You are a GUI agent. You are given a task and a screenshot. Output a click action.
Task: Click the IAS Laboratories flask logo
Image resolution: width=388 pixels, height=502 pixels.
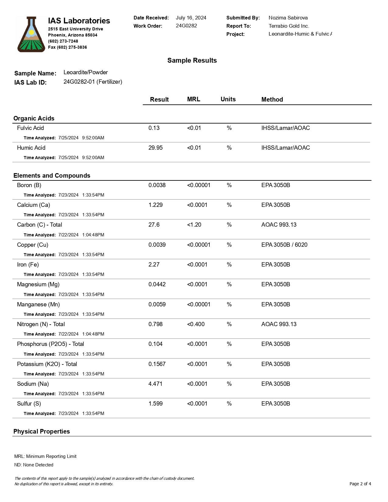pyautogui.click(x=31, y=34)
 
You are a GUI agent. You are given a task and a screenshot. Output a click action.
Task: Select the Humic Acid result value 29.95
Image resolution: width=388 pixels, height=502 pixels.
pyautogui.click(x=156, y=148)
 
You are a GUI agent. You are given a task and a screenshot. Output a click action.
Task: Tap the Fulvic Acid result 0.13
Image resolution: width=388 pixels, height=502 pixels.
pyautogui.click(x=154, y=128)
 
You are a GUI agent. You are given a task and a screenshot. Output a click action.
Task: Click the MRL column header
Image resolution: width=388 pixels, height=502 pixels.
pyautogui.click(x=194, y=99)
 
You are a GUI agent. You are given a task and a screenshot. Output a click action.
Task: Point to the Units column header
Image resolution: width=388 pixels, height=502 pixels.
pyautogui.click(x=228, y=99)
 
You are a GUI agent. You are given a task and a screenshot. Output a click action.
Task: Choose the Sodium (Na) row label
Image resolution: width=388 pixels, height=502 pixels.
pyautogui.click(x=33, y=384)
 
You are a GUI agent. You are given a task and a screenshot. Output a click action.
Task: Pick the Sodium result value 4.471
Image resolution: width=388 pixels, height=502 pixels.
pyautogui.click(x=155, y=384)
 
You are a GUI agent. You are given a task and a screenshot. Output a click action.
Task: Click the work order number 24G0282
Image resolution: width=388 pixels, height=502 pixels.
pyautogui.click(x=186, y=26)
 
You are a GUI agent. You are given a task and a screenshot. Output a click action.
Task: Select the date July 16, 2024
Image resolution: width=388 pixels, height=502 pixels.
pyautogui.click(x=191, y=18)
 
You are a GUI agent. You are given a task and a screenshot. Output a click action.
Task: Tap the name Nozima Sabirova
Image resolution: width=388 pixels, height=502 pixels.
pyautogui.click(x=288, y=18)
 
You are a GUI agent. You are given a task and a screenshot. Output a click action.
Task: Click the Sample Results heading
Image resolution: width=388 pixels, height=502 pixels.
pyautogui.click(x=192, y=61)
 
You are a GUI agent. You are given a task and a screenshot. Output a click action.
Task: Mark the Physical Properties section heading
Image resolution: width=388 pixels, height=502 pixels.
pyautogui.click(x=42, y=431)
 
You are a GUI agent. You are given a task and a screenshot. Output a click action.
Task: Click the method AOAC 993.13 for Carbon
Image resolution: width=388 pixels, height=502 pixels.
pyautogui.click(x=279, y=225)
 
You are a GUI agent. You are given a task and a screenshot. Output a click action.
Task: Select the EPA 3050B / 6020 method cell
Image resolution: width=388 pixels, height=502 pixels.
pyautogui.click(x=284, y=245)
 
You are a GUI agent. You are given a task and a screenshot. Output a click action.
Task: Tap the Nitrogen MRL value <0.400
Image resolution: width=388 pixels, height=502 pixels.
pyautogui.click(x=196, y=324)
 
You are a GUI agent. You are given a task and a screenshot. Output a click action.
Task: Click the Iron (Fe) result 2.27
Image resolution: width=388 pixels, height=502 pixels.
pyautogui.click(x=154, y=265)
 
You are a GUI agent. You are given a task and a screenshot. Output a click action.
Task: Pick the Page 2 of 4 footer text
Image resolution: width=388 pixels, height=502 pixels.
pyautogui.click(x=360, y=484)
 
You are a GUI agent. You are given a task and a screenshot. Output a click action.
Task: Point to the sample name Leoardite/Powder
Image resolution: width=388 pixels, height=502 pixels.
pyautogui.click(x=86, y=72)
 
